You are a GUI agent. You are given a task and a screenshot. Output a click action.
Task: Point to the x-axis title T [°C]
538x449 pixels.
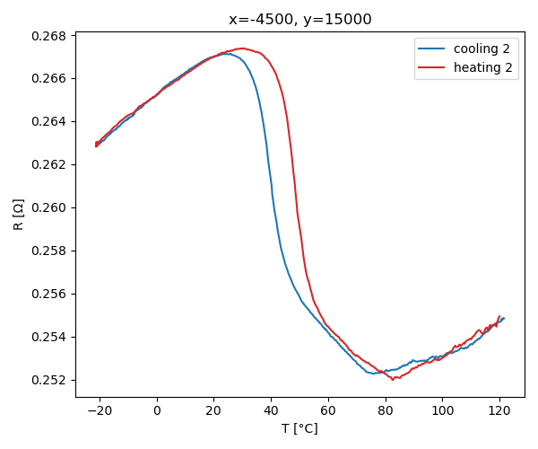coord(299,428)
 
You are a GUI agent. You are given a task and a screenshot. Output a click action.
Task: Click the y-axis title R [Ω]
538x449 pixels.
coord(19,215)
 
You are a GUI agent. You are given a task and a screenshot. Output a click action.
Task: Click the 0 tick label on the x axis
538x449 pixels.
coord(157,410)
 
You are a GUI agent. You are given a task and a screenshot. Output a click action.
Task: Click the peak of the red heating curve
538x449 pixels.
coord(242,48)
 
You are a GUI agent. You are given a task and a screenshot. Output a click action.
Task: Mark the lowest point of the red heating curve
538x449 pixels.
coord(393,380)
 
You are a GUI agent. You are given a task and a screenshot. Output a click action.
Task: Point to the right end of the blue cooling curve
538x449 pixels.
coord(504,318)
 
